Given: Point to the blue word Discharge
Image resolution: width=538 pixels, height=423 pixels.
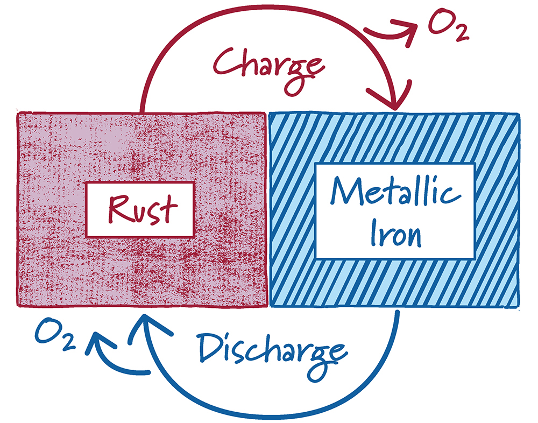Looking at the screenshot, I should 270,350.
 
